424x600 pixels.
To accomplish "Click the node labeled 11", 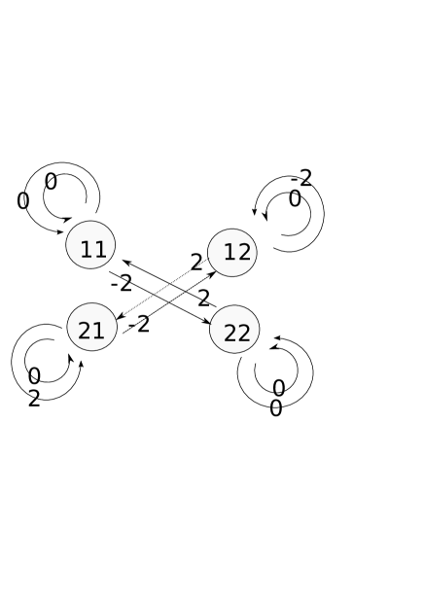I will [90, 245].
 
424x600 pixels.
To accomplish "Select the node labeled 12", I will [232, 253].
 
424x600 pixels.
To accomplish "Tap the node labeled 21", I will [91, 328].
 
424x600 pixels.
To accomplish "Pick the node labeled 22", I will [234, 330].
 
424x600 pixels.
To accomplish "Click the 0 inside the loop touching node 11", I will [51, 182].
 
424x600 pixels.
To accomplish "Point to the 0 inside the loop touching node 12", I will [295, 199].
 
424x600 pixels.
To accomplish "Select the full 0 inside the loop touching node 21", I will [34, 376].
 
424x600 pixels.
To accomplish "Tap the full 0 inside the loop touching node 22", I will [278, 388].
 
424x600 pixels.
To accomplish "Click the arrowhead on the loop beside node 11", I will [67, 220].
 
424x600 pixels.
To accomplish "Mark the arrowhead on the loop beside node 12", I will [265, 216].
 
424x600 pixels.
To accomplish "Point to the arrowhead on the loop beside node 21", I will [70, 358].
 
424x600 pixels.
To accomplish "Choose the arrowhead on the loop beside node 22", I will [274, 347].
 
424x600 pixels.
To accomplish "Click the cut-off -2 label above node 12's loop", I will [302, 181].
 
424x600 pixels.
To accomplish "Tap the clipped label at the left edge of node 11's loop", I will [26, 200].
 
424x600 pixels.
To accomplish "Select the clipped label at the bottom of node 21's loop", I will [33, 395].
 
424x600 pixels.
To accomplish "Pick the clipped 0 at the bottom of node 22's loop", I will [276, 404].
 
